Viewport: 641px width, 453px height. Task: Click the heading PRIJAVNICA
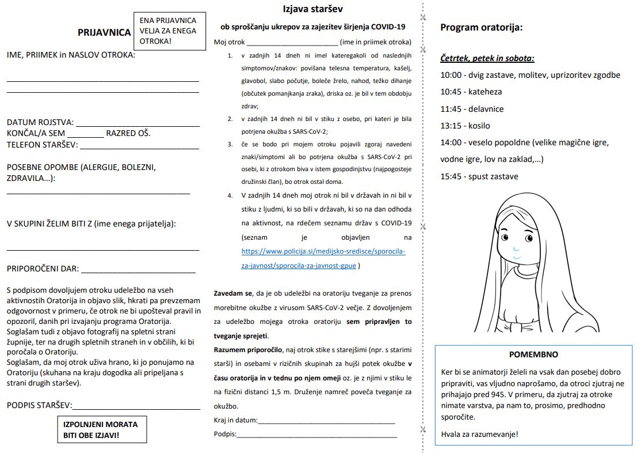pos(104,33)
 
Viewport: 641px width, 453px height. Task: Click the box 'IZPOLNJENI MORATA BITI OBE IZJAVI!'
pos(100,429)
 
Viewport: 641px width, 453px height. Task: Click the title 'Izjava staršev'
pos(314,9)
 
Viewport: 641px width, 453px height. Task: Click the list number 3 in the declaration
pos(230,144)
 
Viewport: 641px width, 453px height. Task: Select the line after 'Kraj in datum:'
pos(326,423)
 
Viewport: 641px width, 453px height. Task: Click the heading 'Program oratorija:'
pos(481,27)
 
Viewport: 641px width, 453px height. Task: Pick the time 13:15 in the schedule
pos(452,126)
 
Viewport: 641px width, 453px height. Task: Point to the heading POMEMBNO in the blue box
pos(533,354)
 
